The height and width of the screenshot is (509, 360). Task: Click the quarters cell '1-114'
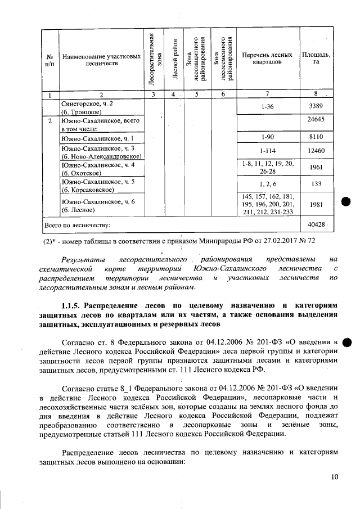[x=267, y=151]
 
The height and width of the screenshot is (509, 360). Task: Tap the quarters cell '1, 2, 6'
[x=267, y=184]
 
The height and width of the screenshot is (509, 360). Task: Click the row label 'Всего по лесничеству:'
[x=77, y=225]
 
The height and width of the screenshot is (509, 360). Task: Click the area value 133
[x=316, y=184]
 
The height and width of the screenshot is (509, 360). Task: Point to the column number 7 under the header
[x=267, y=94]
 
